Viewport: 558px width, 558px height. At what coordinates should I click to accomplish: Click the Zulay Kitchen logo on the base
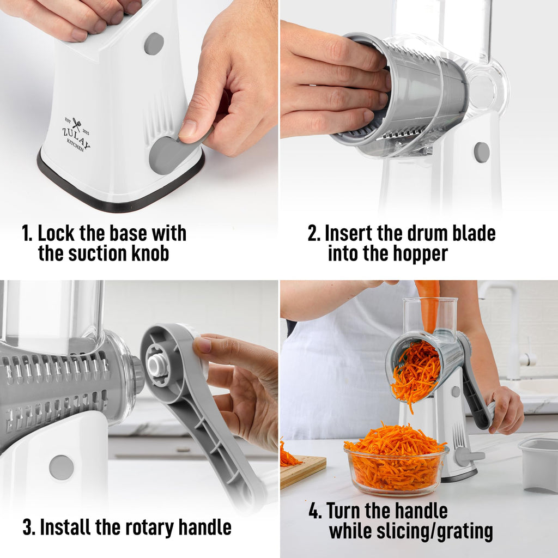coord(76,134)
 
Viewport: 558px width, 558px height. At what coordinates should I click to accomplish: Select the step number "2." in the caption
coord(314,233)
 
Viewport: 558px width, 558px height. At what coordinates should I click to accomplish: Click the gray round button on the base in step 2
coord(481,152)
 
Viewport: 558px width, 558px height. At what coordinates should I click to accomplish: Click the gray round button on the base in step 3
coord(61,467)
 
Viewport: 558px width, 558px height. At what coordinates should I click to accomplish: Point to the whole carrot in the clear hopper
coord(429,305)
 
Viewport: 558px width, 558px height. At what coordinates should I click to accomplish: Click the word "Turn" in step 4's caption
coord(349,511)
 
